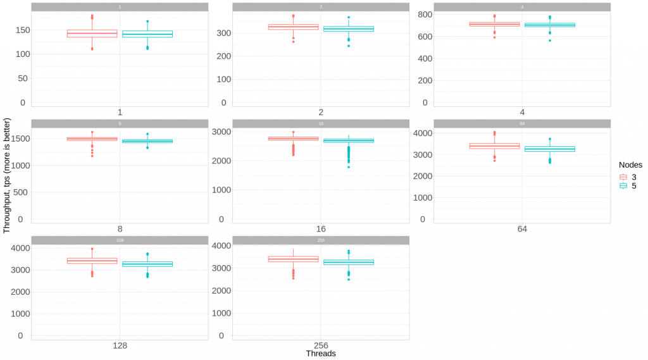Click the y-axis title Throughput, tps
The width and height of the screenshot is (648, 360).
[x=7, y=180]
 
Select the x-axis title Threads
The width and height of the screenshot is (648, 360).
[x=320, y=354]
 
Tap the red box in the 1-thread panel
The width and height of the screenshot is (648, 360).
[x=92, y=34]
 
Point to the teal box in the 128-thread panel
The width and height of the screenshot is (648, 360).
[x=147, y=264]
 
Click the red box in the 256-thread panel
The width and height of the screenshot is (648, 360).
[x=294, y=259]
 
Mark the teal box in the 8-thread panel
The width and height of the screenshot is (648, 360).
[x=147, y=140]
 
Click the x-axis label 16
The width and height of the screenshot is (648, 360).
[x=320, y=228]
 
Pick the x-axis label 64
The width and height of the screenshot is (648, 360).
[x=521, y=228]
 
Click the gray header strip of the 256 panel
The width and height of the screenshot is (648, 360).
[x=320, y=240]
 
